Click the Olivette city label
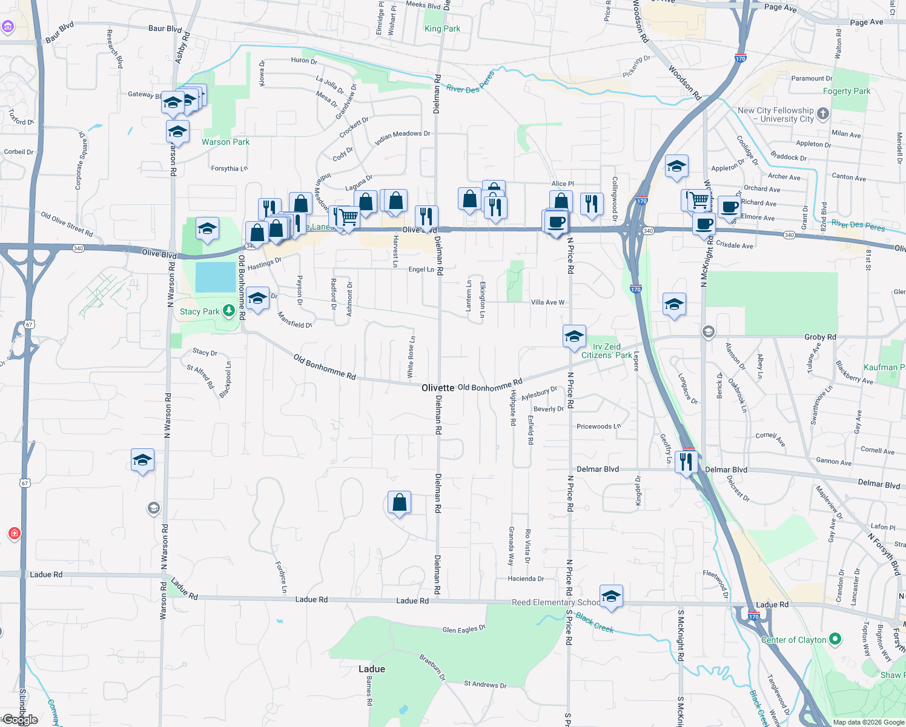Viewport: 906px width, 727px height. coord(438,388)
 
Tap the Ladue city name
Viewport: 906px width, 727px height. coord(371,669)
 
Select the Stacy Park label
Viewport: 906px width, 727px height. coord(199,312)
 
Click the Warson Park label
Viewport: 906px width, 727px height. coord(225,142)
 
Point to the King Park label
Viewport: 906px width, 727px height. coord(442,28)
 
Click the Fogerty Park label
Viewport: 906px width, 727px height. coord(846,91)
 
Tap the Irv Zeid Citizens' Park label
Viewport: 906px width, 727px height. coord(606,351)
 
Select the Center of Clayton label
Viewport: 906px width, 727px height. coord(793,640)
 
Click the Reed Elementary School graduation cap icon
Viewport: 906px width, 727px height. coord(611,596)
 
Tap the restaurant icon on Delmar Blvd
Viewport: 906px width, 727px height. coord(686,462)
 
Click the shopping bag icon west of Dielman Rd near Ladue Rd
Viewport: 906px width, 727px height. coord(399,502)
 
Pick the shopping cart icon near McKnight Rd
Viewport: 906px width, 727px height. coord(699,199)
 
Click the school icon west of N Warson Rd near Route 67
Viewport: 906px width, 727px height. coord(142,460)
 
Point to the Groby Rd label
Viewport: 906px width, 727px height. coord(820,337)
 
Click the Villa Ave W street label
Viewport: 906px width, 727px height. coord(547,302)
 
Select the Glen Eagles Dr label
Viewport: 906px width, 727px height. coord(464,629)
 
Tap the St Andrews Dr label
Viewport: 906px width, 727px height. coord(485,684)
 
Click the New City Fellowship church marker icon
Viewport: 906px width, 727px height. coord(822,113)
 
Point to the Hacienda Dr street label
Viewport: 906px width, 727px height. coord(526,579)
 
